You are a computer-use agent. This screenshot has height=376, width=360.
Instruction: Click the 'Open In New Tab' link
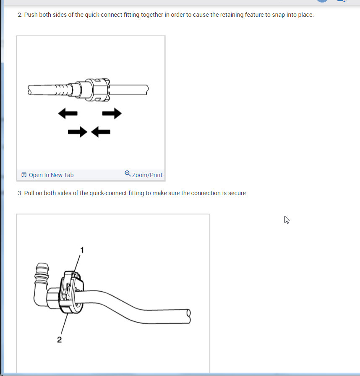[51, 175]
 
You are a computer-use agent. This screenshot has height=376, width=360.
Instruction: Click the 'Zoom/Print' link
[147, 175]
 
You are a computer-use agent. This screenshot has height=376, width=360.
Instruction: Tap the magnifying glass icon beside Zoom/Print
[128, 173]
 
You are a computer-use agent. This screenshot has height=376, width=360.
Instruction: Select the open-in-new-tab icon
[24, 175]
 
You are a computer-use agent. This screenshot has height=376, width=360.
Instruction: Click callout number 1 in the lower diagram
[82, 251]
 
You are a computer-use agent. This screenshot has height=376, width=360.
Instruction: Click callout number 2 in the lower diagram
[60, 339]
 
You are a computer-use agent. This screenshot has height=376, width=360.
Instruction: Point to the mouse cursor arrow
[287, 219]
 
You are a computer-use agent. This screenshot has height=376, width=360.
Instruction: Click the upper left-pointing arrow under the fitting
[68, 113]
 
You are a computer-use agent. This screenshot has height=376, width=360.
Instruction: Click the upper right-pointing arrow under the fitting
[112, 113]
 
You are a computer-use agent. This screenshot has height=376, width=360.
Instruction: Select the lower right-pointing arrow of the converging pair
[78, 132]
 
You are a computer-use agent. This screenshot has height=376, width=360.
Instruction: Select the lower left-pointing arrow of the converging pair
[101, 132]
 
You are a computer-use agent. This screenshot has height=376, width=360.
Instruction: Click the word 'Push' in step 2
[31, 15]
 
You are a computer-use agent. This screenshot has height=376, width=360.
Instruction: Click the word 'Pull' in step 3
[29, 193]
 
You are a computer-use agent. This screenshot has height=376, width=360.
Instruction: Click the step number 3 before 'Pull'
[20, 193]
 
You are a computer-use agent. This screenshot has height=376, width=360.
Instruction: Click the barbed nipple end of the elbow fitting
[42, 273]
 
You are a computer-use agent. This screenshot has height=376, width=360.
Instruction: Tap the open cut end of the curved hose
[188, 316]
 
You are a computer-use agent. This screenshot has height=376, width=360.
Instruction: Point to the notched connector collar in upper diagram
[97, 90]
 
